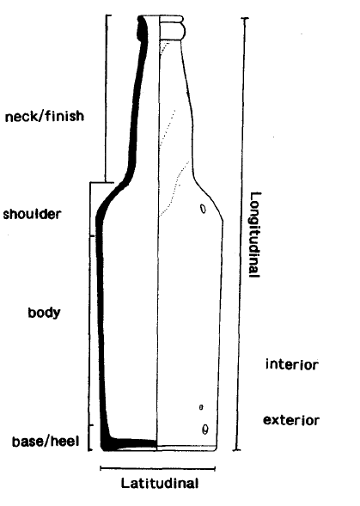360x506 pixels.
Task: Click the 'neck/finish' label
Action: (x=45, y=116)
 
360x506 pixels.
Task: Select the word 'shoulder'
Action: (x=32, y=214)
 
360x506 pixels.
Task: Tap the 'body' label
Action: (x=44, y=313)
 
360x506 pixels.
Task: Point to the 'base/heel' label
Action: (x=46, y=441)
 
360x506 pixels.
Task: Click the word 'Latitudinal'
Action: (x=160, y=484)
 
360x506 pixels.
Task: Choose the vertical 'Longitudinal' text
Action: (x=255, y=235)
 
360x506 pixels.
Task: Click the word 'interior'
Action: (x=292, y=364)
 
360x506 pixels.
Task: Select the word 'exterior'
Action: (x=291, y=420)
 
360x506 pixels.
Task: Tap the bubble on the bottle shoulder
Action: (x=203, y=209)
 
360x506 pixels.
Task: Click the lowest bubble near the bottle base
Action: (x=204, y=430)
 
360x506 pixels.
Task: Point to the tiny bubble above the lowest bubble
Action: (x=201, y=407)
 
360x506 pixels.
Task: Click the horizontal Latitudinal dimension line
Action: (x=157, y=468)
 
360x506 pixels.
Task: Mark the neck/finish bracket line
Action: (x=106, y=99)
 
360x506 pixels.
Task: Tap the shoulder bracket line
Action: (x=90, y=209)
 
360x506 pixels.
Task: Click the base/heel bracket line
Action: (x=89, y=437)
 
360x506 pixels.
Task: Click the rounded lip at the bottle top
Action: (x=173, y=27)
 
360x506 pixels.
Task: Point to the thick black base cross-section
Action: (x=129, y=444)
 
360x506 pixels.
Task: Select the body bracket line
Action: (x=89, y=331)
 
